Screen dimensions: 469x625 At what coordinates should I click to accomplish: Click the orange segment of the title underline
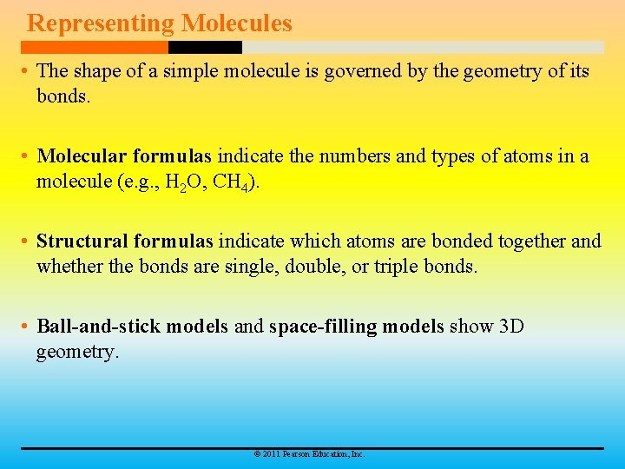[95, 47]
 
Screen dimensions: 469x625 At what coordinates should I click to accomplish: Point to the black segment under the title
[205, 47]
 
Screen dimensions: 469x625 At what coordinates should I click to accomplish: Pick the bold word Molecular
[82, 156]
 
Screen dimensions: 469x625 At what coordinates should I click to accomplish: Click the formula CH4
[231, 182]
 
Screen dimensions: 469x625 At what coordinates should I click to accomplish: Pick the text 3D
[511, 327]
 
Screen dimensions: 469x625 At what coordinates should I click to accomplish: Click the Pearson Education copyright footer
[308, 454]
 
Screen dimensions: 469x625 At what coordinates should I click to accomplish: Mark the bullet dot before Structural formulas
[26, 242]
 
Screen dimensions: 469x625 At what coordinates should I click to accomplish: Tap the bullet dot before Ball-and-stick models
[26, 327]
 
